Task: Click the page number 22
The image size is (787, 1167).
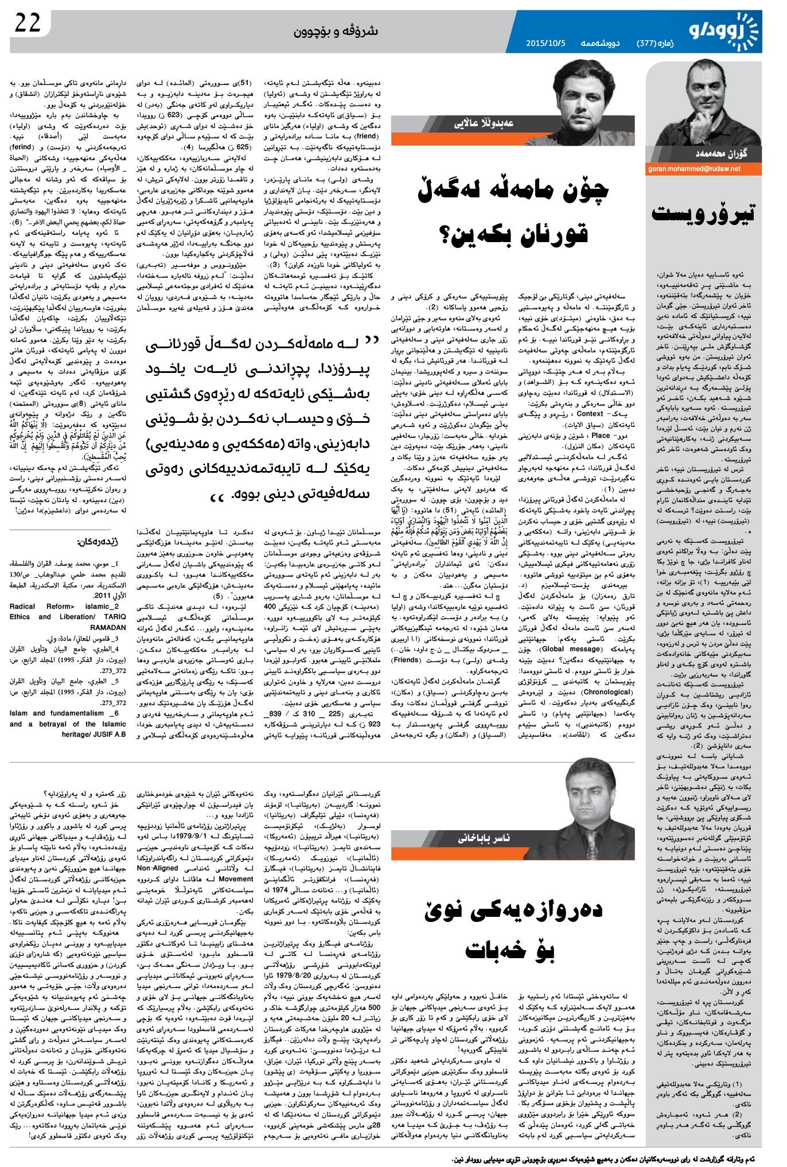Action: [x=28, y=25]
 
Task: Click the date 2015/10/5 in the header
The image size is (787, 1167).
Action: [x=546, y=43]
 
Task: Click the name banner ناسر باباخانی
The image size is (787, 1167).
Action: [x=485, y=838]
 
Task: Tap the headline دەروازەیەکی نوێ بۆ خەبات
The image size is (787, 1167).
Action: [x=513, y=924]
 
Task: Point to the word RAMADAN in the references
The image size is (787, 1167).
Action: [x=108, y=628]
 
